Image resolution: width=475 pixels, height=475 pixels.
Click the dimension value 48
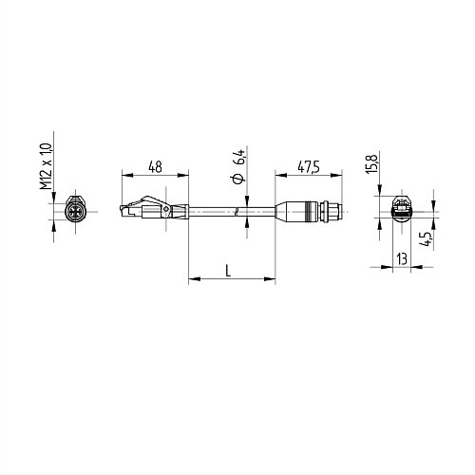[x=153, y=167]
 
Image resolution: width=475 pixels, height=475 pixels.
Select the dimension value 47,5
[x=307, y=167]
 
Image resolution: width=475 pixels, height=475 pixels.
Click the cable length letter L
[x=229, y=271]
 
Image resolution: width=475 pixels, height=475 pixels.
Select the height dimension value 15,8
[x=373, y=164]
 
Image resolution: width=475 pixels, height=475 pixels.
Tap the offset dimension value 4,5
[x=429, y=237]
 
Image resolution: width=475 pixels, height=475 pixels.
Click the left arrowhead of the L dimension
[x=194, y=279]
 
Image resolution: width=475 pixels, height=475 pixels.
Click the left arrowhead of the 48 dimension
[x=125, y=175]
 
